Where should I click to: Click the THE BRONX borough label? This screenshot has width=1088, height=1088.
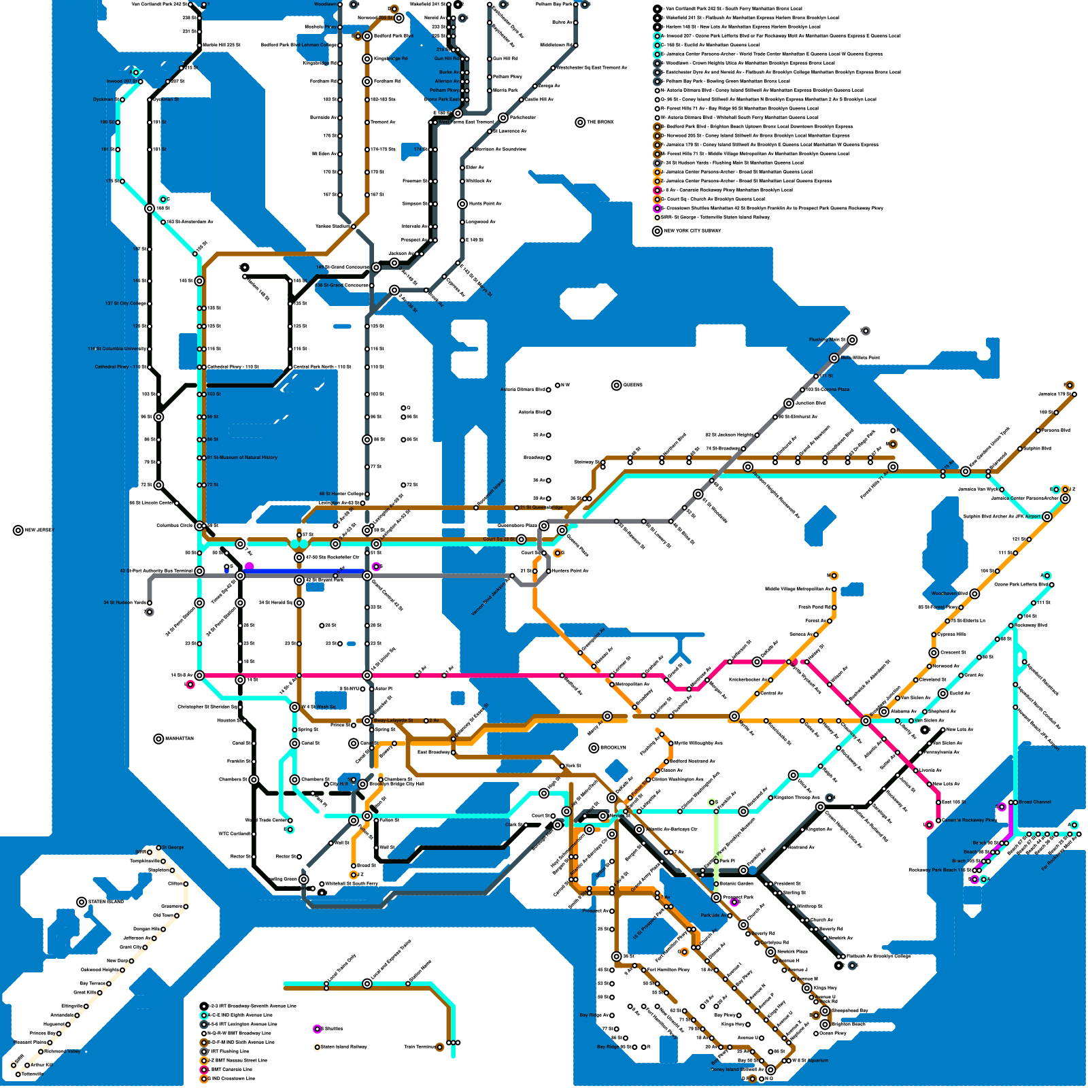pos(600,122)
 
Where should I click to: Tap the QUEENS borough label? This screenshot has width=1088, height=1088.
pos(632,385)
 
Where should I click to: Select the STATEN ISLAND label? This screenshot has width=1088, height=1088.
pos(106,902)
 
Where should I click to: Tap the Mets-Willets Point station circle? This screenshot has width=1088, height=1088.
pos(834,358)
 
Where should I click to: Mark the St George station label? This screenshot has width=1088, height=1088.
pos(173,847)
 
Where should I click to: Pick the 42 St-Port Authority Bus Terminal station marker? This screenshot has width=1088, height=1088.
pos(199,571)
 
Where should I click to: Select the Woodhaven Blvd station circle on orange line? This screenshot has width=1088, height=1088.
pos(974,594)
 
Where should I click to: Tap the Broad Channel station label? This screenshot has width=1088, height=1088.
pos(1035,802)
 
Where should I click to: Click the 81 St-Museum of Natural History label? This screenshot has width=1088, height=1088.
pos(243,458)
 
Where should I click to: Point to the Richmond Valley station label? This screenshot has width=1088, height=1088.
pos(63,1051)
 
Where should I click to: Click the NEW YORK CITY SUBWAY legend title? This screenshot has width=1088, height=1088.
pos(692,231)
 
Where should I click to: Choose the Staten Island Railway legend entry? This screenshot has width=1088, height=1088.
pos(344,1047)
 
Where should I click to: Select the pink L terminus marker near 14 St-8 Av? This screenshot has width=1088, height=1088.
pos(190,684)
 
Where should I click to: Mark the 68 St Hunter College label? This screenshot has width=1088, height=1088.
pos(341,494)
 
